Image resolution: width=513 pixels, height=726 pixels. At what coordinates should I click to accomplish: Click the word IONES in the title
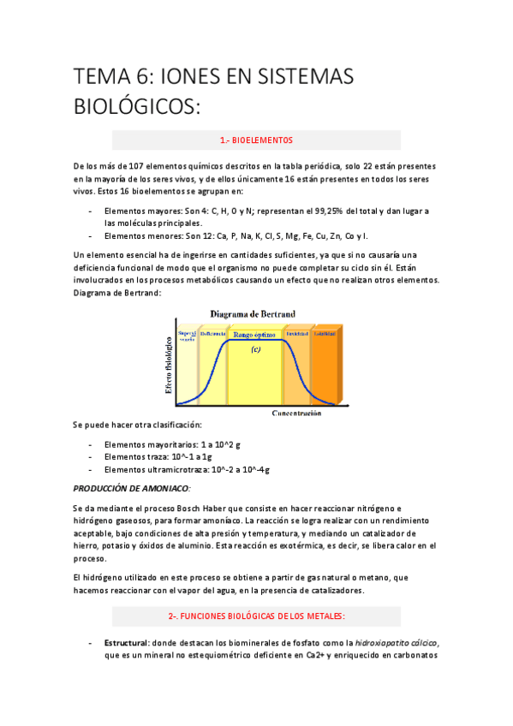click(x=196, y=77)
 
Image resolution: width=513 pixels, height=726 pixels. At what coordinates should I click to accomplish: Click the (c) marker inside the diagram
click(x=255, y=349)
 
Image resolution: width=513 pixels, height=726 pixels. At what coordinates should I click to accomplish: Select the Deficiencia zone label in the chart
click(x=213, y=333)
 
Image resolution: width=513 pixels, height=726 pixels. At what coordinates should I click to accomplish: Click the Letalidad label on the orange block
click(x=324, y=333)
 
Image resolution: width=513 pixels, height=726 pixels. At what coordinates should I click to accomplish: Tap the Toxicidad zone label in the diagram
click(x=296, y=333)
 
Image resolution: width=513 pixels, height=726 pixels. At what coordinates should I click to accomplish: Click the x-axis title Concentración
click(x=296, y=413)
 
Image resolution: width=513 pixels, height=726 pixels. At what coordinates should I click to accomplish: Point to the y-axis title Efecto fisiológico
click(x=169, y=364)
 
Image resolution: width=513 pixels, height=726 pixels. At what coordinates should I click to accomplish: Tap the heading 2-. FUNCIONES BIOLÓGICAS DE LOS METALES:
click(x=257, y=615)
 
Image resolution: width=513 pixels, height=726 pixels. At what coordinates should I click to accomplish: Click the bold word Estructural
click(x=127, y=642)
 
